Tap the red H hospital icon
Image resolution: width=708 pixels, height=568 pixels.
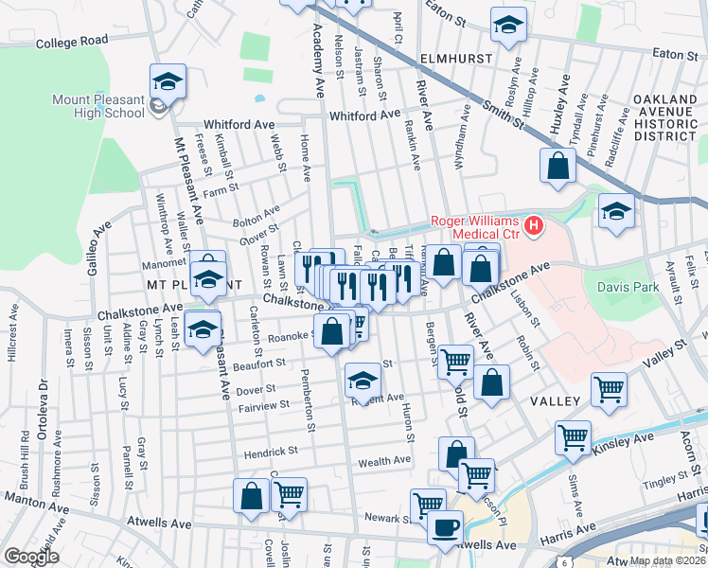point(535,225)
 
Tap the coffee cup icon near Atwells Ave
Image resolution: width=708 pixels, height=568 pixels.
point(444,526)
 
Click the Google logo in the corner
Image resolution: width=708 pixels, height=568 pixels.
point(30,557)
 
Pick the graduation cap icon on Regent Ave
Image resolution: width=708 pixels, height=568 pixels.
point(362,381)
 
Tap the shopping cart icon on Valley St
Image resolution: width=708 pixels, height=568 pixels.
point(609,387)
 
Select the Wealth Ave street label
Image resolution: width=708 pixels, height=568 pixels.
point(384,461)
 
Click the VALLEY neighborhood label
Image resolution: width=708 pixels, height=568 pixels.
point(554,402)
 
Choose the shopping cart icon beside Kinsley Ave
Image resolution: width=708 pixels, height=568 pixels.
point(574,436)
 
